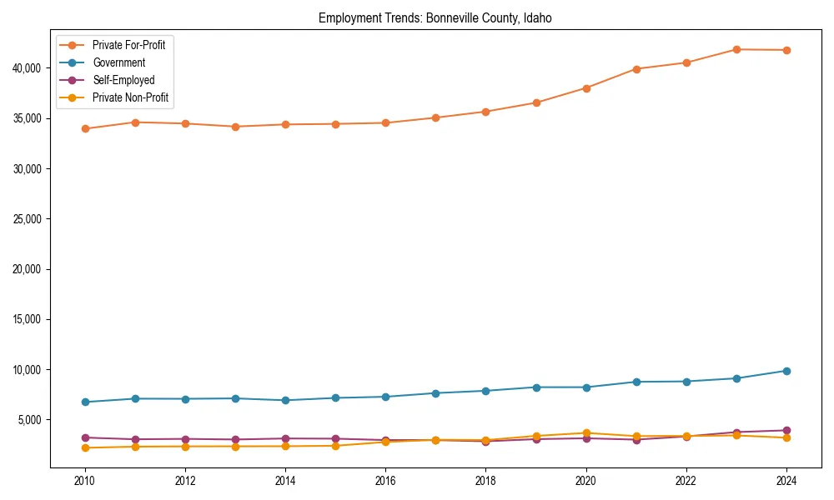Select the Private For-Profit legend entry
[x=128, y=45]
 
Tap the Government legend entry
[x=118, y=62]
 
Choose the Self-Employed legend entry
[x=123, y=80]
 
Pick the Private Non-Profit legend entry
[x=130, y=97]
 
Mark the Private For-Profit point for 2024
[x=786, y=50]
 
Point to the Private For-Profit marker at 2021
[x=636, y=69]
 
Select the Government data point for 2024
[x=786, y=371]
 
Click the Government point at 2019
[x=536, y=387]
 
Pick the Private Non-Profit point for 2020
[x=586, y=433]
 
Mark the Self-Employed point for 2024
[x=786, y=430]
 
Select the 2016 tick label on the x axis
[x=385, y=481]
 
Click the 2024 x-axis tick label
[x=786, y=481]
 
